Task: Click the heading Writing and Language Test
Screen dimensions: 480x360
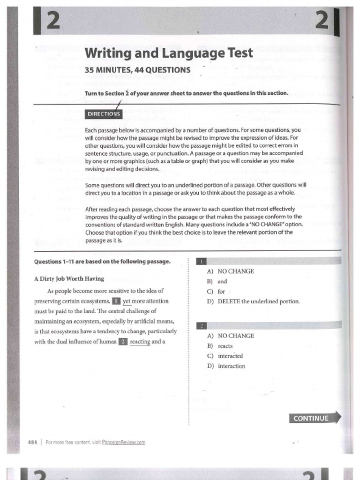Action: pos(169,53)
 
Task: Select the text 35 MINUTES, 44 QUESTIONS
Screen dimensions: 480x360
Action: pos(137,70)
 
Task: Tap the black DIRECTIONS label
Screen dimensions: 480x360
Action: pos(104,114)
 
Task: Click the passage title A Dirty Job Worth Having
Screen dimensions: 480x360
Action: pos(69,279)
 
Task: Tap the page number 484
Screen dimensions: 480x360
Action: pos(33,442)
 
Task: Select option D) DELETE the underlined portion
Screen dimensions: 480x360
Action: pos(253,301)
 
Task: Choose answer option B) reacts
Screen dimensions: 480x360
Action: pos(220,346)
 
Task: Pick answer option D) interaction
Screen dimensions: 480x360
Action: pos(226,366)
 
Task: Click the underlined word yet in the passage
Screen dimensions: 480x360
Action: pos(127,301)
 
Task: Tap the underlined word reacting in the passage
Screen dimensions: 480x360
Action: pos(140,342)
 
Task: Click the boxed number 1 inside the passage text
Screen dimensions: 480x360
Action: pos(116,301)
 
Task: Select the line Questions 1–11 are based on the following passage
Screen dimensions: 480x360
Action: pos(102,262)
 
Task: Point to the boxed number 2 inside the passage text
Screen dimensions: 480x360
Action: pos(123,342)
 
